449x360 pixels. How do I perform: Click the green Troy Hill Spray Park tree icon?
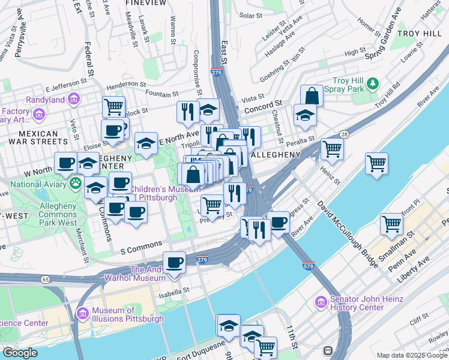point(373,82)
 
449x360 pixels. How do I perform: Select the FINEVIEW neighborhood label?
point(146,3)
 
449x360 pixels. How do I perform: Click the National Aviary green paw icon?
point(76,182)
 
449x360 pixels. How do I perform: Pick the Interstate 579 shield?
point(309,265)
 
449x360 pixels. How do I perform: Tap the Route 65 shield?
point(46,279)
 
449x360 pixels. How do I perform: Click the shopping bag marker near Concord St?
point(312,96)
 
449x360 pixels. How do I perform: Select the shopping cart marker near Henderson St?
point(113,108)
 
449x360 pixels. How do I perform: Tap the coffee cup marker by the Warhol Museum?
point(175,263)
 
